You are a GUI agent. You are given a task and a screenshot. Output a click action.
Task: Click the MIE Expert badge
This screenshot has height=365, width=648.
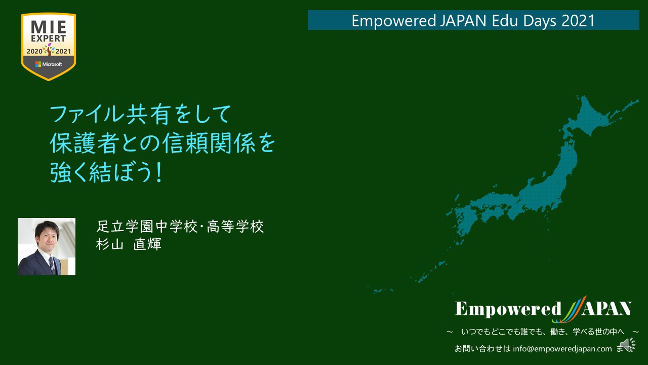pyautogui.click(x=49, y=47)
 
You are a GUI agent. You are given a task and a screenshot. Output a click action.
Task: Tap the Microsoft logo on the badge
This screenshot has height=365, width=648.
pyautogui.click(x=49, y=64)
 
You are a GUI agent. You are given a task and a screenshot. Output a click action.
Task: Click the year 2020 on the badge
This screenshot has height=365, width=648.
pyautogui.click(x=34, y=52)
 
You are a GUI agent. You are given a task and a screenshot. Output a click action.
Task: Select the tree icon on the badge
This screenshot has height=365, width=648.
pyautogui.click(x=49, y=49)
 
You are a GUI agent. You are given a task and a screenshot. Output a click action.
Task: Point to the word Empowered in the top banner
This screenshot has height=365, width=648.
pyautogui.click(x=394, y=21)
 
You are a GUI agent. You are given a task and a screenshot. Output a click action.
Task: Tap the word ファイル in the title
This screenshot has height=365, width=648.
pyautogui.click(x=87, y=114)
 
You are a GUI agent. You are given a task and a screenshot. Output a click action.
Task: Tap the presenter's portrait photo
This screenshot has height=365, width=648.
pyautogui.click(x=47, y=246)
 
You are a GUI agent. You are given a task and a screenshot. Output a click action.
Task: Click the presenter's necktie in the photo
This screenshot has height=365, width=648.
pyautogui.click(x=52, y=266)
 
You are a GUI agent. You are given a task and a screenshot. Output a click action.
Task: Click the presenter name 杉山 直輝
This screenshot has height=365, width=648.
pyautogui.click(x=129, y=244)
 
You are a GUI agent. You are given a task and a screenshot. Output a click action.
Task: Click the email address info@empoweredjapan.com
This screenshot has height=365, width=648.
pyautogui.click(x=562, y=349)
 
